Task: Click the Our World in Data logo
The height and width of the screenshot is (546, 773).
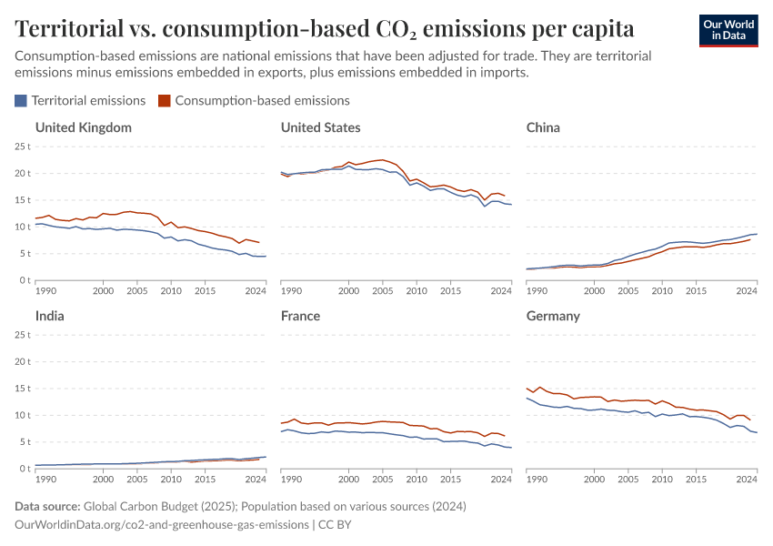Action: (728, 30)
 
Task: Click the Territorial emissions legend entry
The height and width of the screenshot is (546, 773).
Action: (81, 101)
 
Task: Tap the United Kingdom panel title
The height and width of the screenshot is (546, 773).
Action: (83, 127)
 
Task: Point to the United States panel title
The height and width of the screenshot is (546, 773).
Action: (320, 127)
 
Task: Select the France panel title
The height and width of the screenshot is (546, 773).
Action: (300, 316)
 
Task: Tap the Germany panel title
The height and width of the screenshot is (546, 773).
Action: (554, 316)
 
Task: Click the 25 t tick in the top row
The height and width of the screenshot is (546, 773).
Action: (23, 147)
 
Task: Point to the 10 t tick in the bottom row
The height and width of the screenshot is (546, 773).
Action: (23, 415)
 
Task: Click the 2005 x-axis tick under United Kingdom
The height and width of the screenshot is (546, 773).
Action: (137, 291)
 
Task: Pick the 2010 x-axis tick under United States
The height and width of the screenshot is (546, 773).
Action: (417, 291)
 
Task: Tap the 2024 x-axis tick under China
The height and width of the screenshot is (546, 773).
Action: (747, 291)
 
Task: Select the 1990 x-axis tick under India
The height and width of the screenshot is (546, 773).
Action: (46, 480)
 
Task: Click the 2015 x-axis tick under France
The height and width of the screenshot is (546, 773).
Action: (450, 480)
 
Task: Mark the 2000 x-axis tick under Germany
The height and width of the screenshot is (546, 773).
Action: (594, 480)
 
